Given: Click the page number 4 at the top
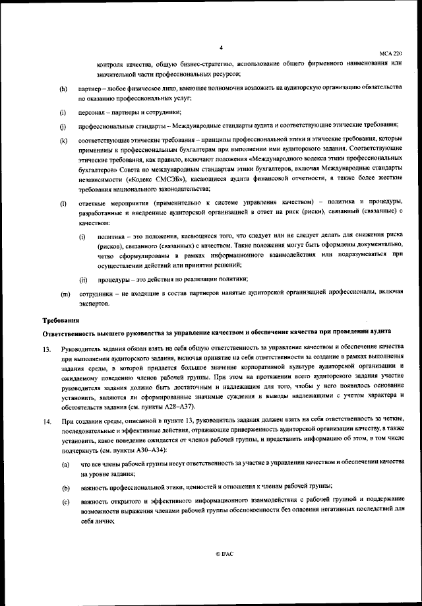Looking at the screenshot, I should point(221,46).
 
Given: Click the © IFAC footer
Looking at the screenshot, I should point(224,554).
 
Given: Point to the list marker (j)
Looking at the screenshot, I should point(63,126).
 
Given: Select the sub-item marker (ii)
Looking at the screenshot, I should point(84,279).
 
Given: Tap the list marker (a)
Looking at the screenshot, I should point(65,466).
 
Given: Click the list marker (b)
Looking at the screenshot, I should point(65,488).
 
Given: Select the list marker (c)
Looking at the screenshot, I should point(65,501).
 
